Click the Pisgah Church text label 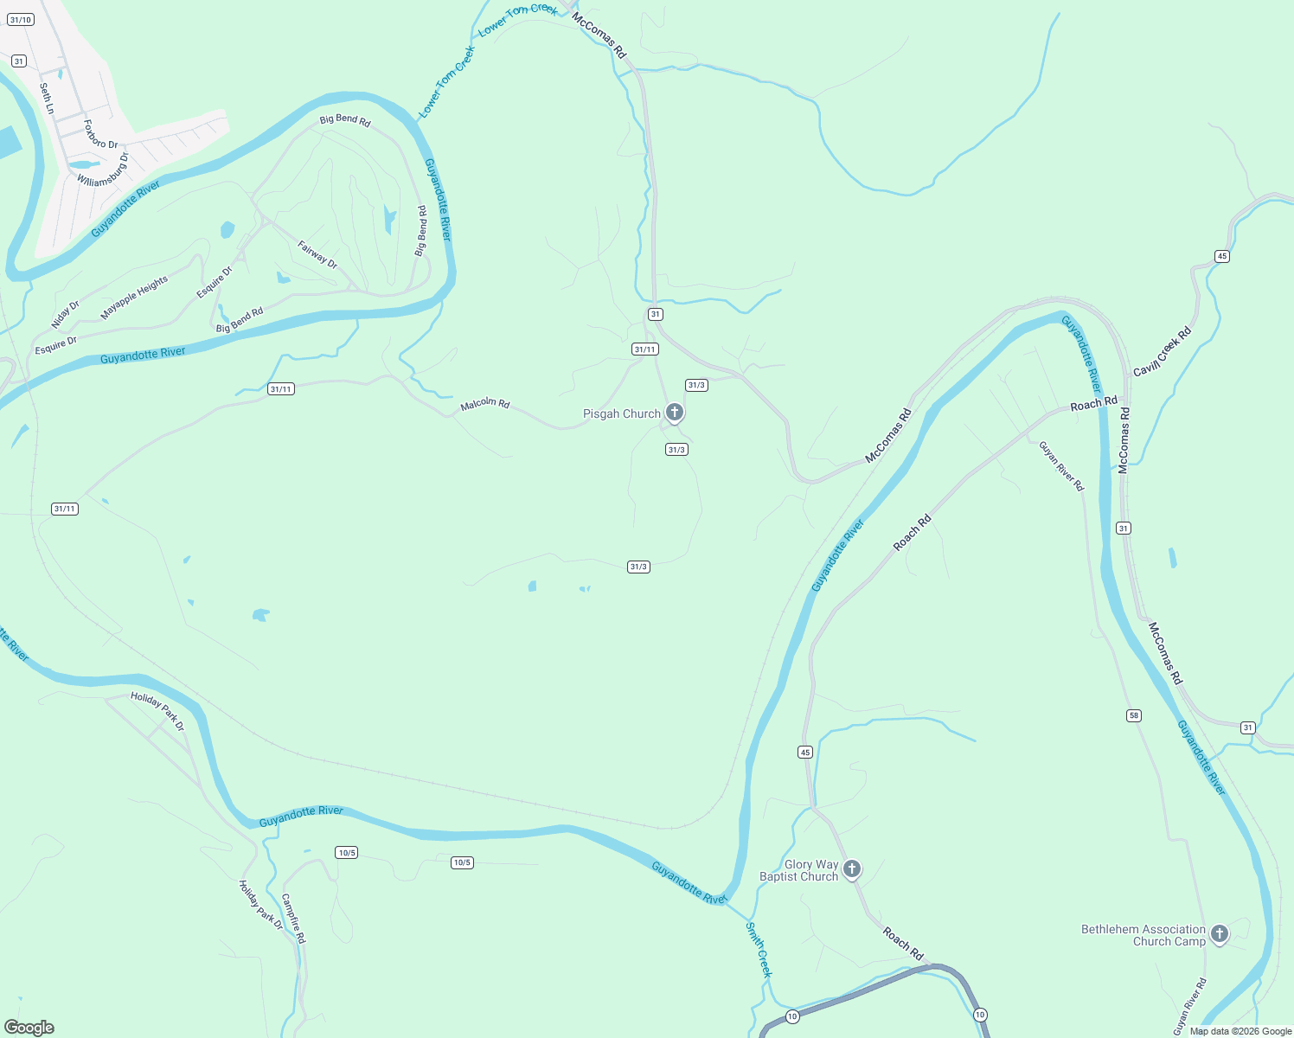pos(621,414)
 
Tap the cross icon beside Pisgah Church pos(675,413)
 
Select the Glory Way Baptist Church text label pos(798,870)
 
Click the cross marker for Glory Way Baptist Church pos(852,868)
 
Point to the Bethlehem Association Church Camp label pos(1143,935)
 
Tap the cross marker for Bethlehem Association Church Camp pos(1220,933)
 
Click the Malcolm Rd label pos(484,404)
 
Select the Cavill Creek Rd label pos(1162,350)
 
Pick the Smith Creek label pos(759,949)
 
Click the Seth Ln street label pos(46,99)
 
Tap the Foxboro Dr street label pos(100,134)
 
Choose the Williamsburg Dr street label pos(103,170)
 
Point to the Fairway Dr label pos(317,254)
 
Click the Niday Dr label pos(65,314)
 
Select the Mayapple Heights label pos(134,298)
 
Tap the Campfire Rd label pos(293,918)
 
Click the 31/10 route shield pos(21,19)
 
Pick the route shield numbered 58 pos(1134,715)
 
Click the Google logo pos(29,1028)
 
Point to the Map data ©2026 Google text pos(1240,1031)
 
